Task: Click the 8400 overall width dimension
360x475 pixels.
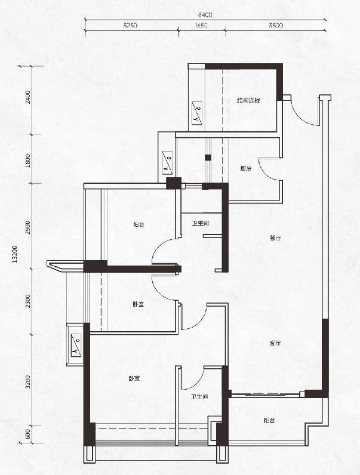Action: tap(205, 14)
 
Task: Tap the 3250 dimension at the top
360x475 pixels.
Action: tap(130, 26)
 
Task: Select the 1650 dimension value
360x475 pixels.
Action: tap(201, 26)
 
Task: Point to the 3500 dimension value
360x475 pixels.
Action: tap(276, 26)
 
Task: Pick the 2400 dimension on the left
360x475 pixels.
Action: tap(28, 97)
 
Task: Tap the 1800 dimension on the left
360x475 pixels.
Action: tap(28, 161)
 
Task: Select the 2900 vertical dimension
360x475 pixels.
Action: tap(28, 227)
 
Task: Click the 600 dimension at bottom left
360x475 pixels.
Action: tap(28, 434)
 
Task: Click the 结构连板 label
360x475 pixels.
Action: tap(248, 100)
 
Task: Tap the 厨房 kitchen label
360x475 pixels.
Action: tap(246, 169)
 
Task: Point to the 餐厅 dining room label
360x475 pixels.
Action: tap(275, 238)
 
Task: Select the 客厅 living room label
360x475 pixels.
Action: tap(275, 343)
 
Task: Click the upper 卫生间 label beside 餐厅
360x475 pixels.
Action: tap(201, 224)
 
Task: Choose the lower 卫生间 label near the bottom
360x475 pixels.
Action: tap(199, 397)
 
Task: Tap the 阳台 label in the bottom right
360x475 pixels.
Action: tap(269, 421)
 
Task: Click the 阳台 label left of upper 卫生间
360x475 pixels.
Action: tap(139, 225)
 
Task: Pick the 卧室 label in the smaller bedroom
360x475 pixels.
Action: tap(138, 304)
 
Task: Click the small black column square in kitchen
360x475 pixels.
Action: tap(208, 158)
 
